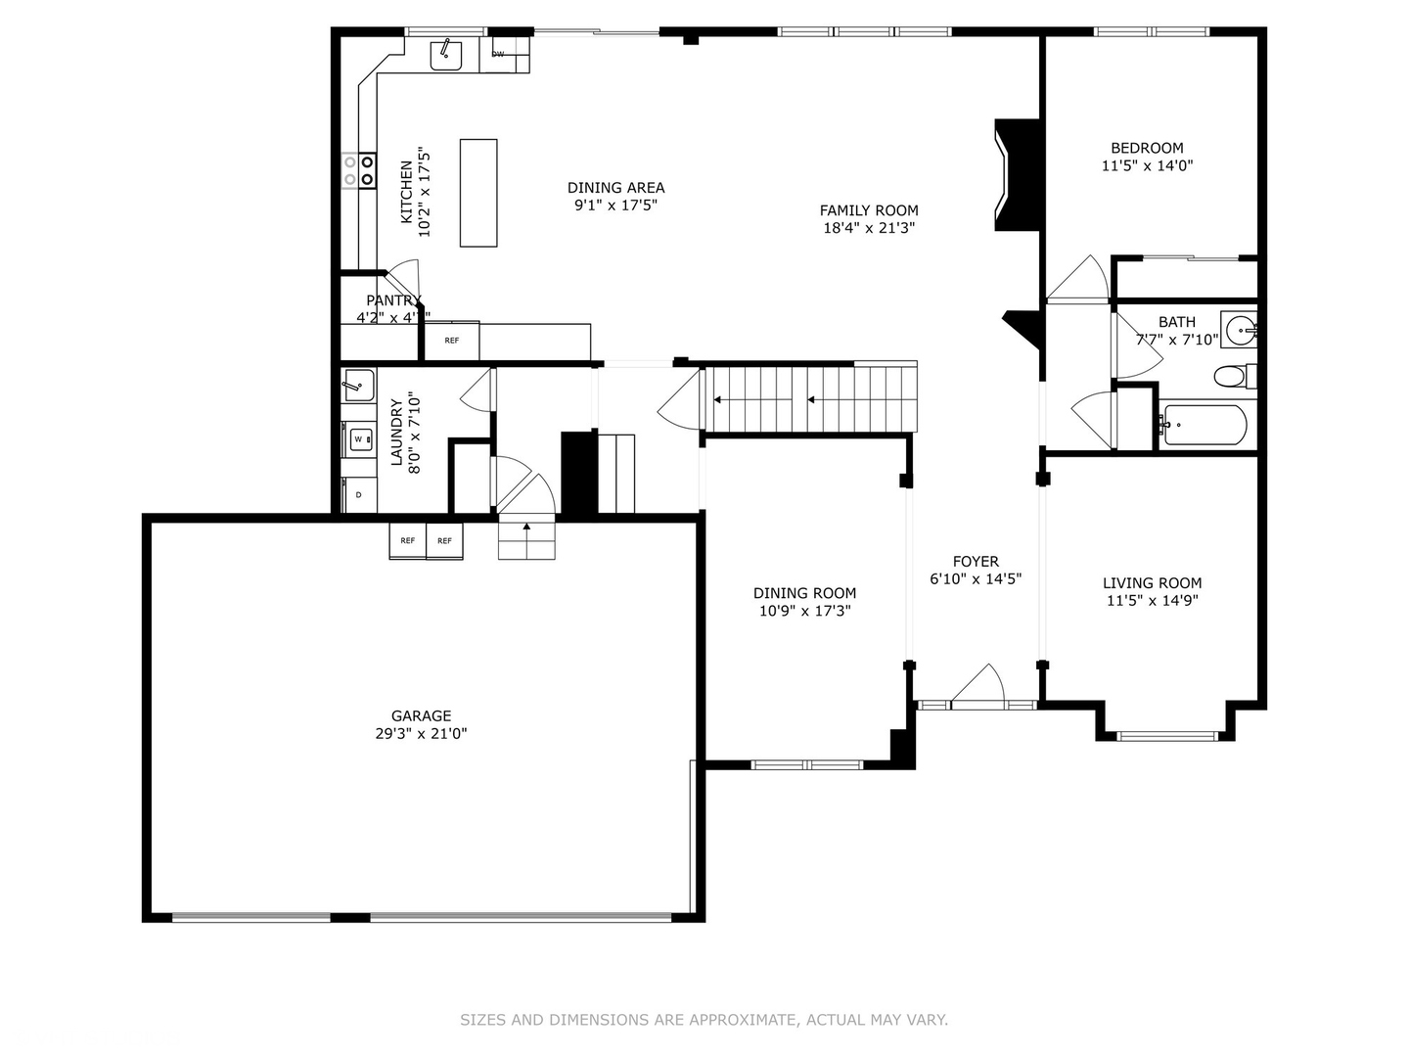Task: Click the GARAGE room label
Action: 421,715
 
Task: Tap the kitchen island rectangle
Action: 478,193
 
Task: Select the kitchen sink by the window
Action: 447,55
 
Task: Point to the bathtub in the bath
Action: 1204,426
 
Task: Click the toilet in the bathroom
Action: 1232,375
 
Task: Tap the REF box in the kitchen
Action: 451,341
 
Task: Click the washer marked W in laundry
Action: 358,438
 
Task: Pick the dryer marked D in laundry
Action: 358,495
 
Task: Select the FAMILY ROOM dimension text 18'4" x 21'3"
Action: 869,228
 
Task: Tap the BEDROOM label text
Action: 1147,148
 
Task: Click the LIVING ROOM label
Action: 1152,582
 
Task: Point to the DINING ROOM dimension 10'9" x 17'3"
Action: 804,611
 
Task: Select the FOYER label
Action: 976,561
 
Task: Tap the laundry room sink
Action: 358,385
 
